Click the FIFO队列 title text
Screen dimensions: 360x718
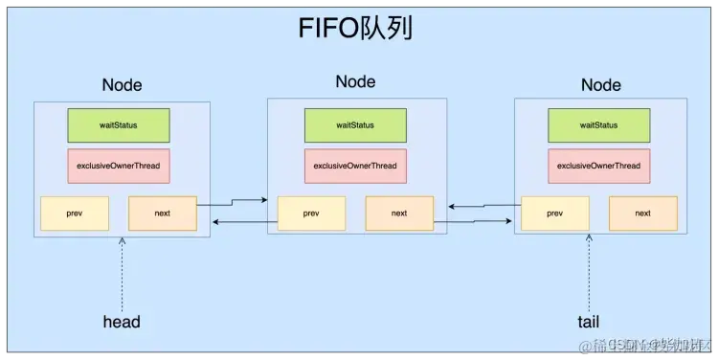[x=356, y=29]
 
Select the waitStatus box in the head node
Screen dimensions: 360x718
[x=118, y=125]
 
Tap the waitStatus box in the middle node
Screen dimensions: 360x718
[x=355, y=125]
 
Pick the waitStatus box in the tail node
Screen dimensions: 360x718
[x=598, y=125]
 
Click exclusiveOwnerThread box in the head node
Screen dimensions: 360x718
[x=118, y=166]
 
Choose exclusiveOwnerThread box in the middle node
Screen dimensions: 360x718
[x=355, y=166]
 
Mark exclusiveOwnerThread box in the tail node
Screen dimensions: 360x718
[x=598, y=166]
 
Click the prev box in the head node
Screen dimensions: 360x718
[x=75, y=213]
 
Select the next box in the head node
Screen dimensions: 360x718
[x=162, y=213]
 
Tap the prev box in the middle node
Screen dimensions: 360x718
[x=311, y=213]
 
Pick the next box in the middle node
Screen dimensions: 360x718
[x=399, y=213]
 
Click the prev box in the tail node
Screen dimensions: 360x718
[x=555, y=213]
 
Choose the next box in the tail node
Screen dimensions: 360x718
[x=642, y=213]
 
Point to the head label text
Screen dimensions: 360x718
[x=122, y=322]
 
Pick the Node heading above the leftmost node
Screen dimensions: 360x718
[x=122, y=84]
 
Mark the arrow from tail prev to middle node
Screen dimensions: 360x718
[x=483, y=205]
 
